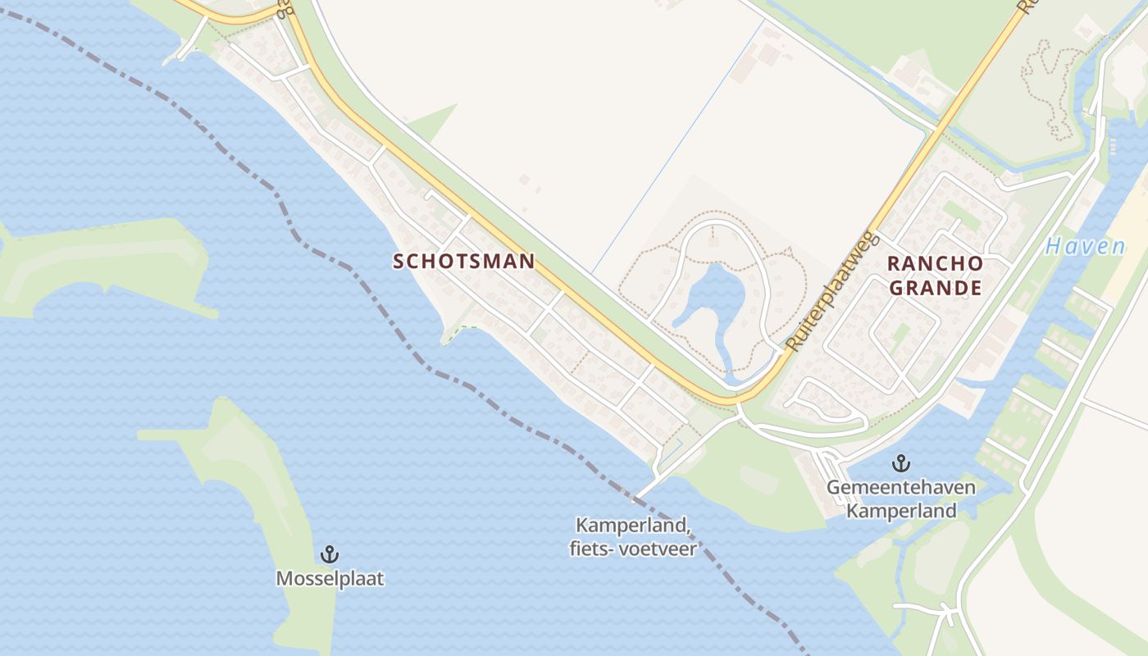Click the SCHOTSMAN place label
point(464,262)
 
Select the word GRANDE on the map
point(936,288)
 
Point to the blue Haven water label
point(1085,247)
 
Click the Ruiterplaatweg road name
point(831,292)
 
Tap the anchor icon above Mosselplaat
point(329,554)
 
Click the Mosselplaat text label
point(330,578)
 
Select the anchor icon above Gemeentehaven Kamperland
point(901,463)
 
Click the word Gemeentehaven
point(901,488)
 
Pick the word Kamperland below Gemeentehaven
point(901,511)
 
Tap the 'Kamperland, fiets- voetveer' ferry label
point(633,536)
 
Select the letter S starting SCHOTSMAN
point(399,262)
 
